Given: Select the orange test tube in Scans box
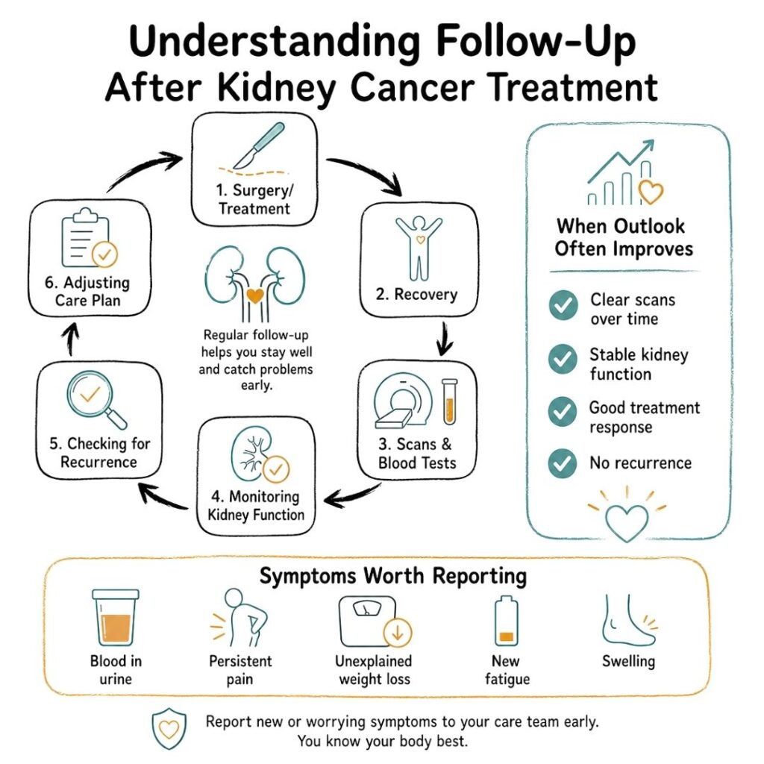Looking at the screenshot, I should point(448,404).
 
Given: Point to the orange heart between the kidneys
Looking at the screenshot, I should point(255,295).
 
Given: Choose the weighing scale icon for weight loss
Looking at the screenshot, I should point(367,619).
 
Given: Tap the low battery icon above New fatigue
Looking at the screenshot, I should point(507,619).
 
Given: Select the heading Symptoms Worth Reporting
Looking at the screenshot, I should point(392,576).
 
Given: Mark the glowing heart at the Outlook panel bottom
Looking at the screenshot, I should point(627,515).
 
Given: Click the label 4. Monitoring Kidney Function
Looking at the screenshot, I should point(255,505).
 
